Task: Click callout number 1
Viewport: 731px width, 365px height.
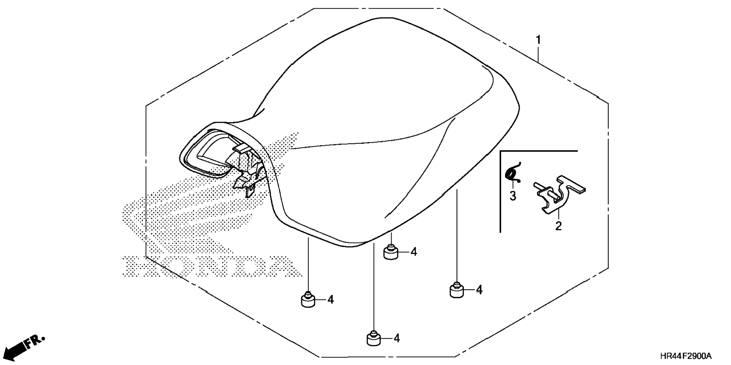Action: pos(538,39)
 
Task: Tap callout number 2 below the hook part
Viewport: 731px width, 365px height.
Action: pos(558,226)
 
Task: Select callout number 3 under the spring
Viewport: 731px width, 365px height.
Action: pos(513,196)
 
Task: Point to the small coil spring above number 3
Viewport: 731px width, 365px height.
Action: pos(513,173)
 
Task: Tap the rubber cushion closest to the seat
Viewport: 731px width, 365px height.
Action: pos(391,252)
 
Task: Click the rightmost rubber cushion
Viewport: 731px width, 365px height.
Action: pos(457,290)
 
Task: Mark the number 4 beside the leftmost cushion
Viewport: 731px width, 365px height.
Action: pos(331,300)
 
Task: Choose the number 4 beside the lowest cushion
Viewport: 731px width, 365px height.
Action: pos(396,338)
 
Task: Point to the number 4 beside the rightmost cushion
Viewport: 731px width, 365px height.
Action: pos(479,290)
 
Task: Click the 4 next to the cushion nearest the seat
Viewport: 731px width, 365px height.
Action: pos(414,252)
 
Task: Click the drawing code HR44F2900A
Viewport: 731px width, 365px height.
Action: pos(686,356)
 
